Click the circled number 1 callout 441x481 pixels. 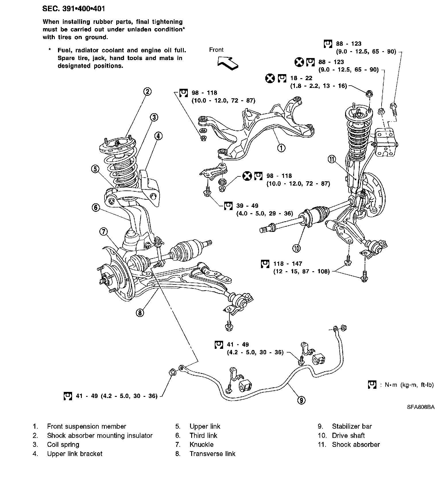(x=281, y=148)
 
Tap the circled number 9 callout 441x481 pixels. (x=301, y=400)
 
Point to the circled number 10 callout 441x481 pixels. (x=297, y=247)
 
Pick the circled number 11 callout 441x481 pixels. (x=332, y=159)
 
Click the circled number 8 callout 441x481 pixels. (x=140, y=313)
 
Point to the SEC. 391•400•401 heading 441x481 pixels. (x=73, y=9)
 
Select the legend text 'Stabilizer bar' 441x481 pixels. (x=352, y=426)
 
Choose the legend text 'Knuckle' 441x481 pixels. (x=201, y=445)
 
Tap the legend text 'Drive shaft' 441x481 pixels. (x=348, y=436)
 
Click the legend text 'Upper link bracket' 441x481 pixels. (x=75, y=454)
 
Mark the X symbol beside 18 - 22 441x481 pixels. (x=270, y=78)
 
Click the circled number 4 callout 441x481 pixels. (x=158, y=136)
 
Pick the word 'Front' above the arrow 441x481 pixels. (x=216, y=50)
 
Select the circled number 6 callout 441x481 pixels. (x=96, y=207)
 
